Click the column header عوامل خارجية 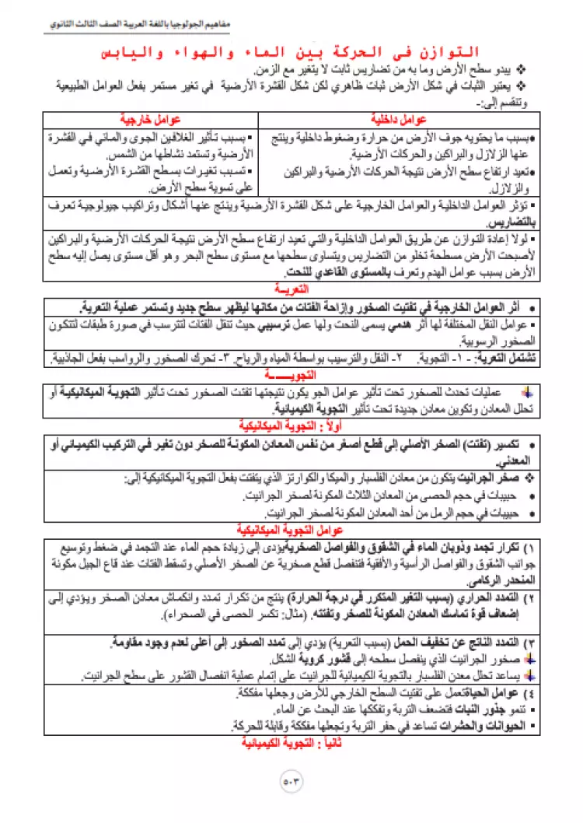click(x=149, y=120)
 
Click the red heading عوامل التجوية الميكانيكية click(x=291, y=531)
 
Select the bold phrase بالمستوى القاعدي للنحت click(x=334, y=271)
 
